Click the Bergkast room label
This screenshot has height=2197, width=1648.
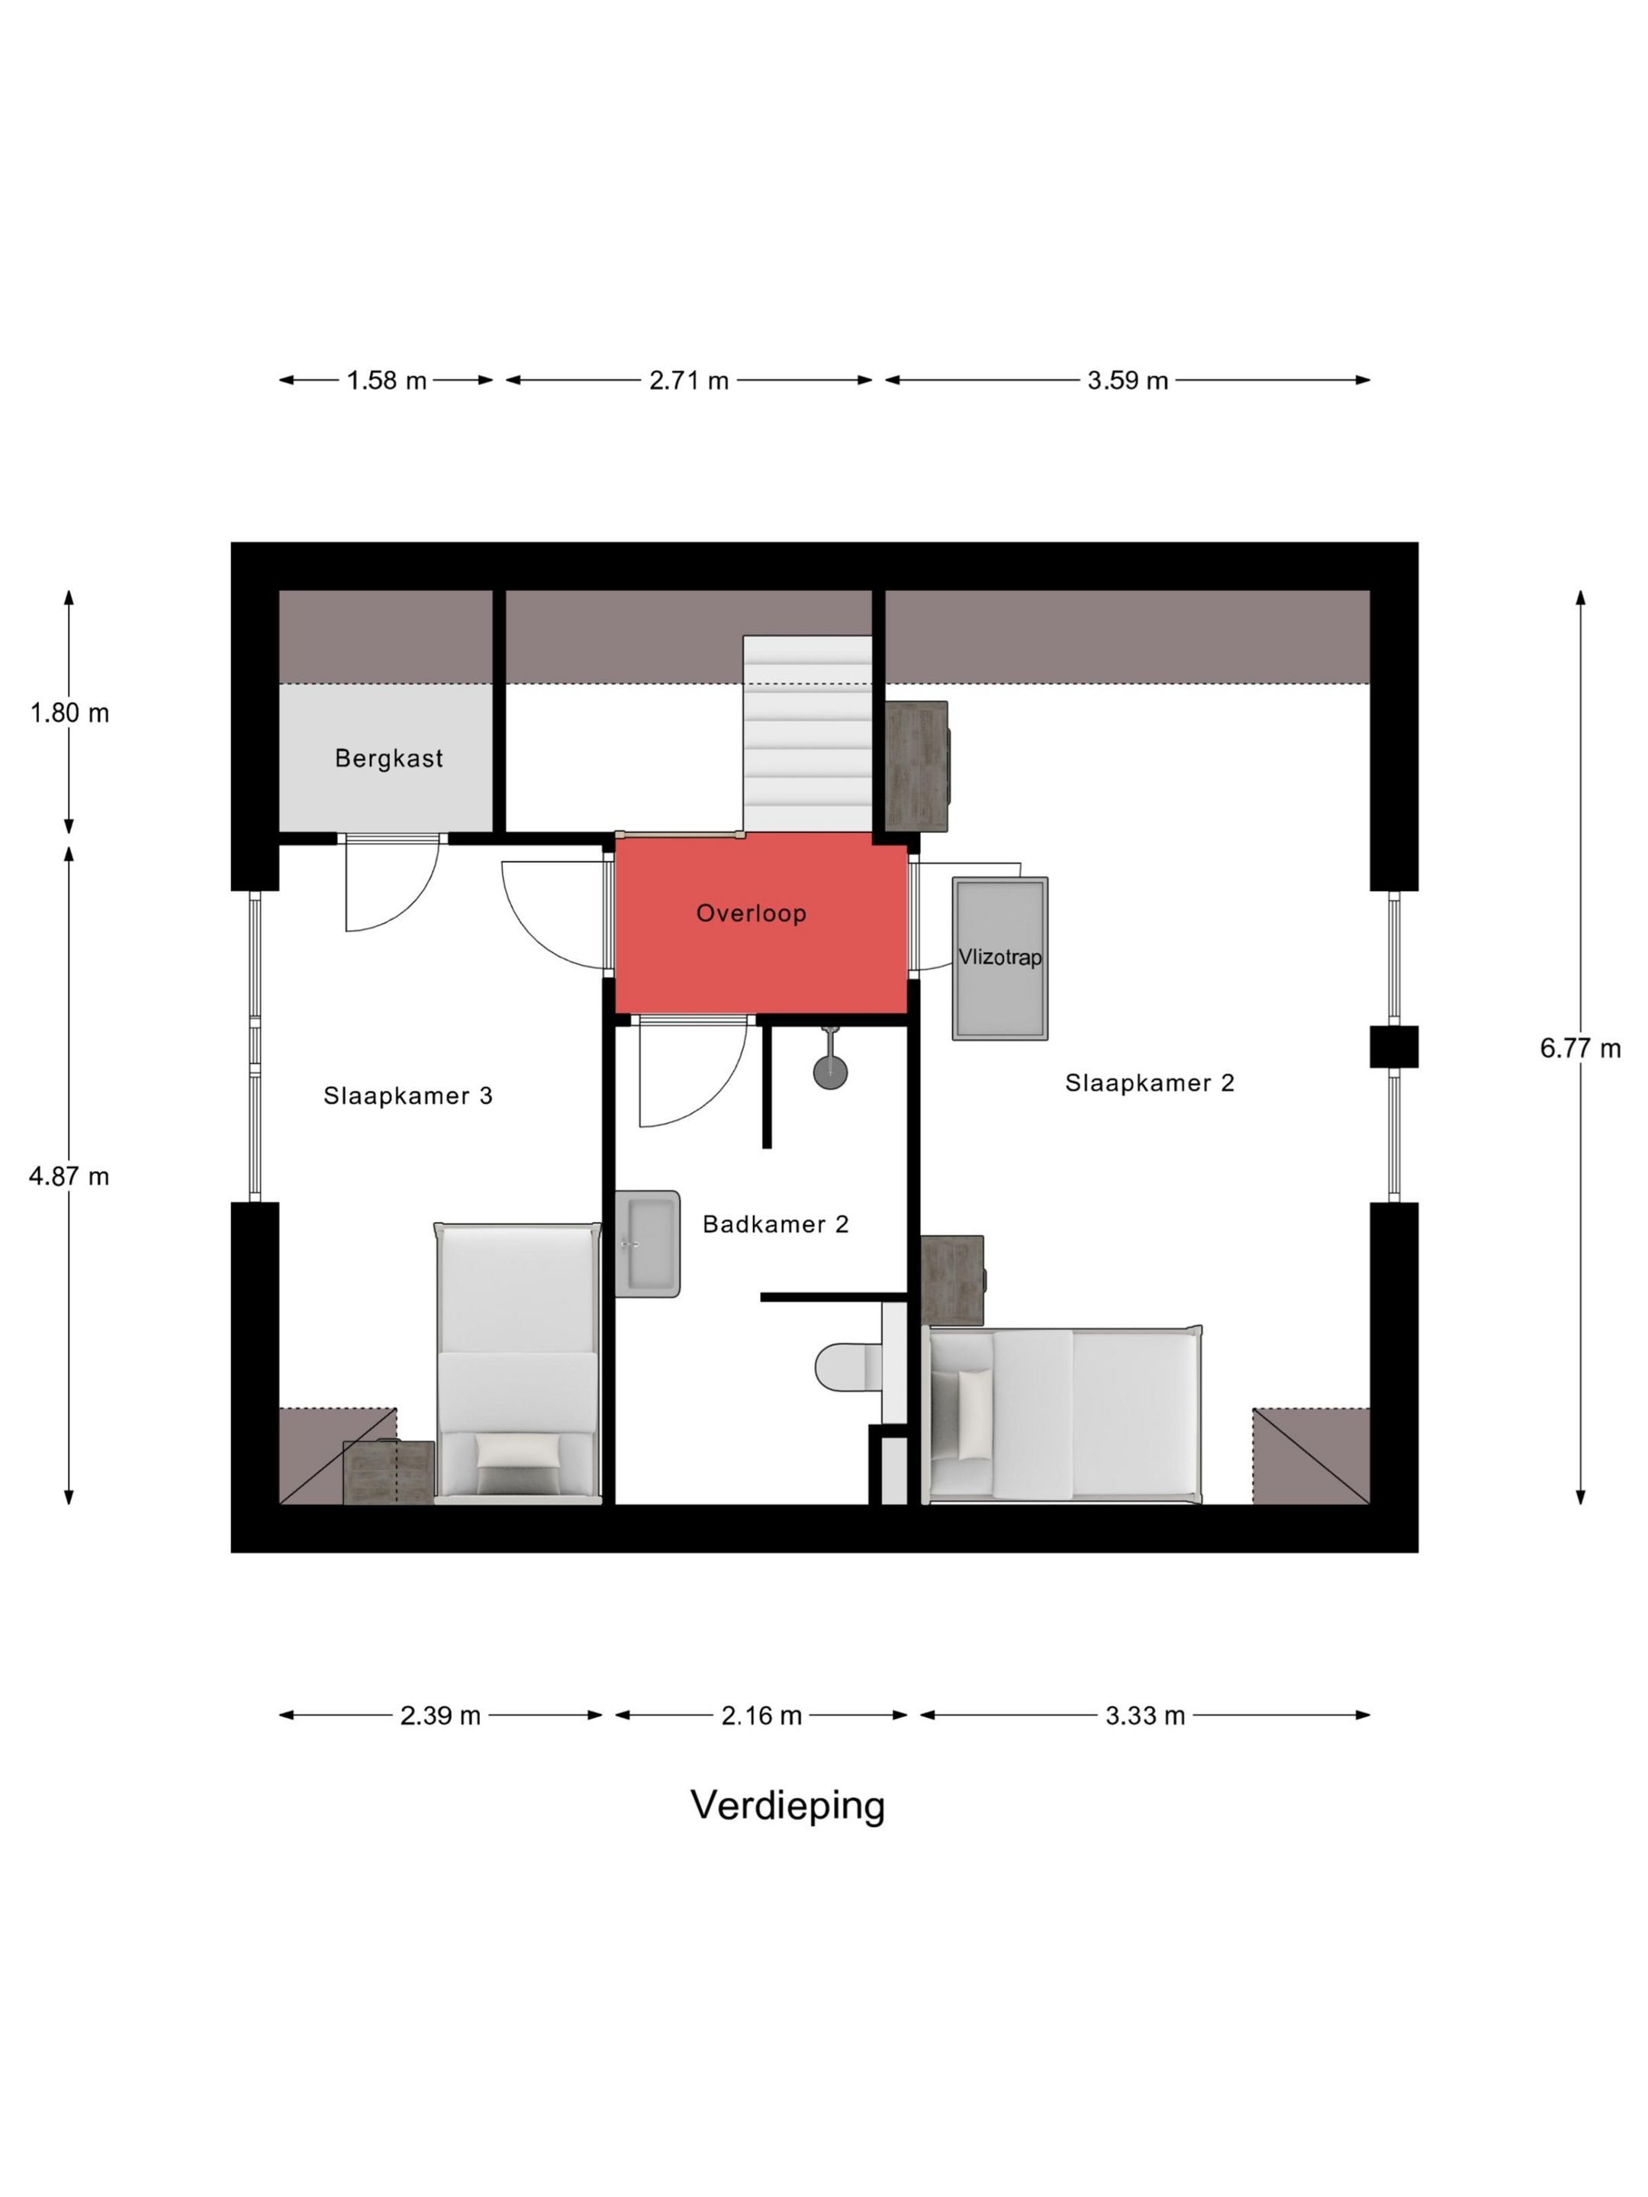click(388, 759)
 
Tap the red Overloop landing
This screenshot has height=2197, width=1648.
click(761, 923)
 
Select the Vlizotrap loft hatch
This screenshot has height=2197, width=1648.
click(999, 958)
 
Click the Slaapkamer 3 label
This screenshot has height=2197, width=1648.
click(407, 1095)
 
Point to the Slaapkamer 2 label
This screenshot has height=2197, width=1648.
click(1149, 1082)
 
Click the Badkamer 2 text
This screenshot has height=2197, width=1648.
click(776, 1224)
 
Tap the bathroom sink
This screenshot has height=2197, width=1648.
click(647, 1243)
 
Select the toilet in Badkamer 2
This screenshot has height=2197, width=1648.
click(848, 1368)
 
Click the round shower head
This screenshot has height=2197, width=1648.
click(830, 1072)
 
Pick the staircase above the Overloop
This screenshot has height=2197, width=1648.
click(808, 733)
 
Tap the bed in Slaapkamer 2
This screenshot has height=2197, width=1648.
click(1063, 1414)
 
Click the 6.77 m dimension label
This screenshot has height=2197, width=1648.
click(1580, 1048)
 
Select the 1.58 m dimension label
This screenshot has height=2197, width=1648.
click(386, 381)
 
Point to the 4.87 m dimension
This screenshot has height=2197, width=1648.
click(69, 1176)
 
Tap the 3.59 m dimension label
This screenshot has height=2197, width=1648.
click(1128, 381)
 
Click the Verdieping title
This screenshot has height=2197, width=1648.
click(787, 1806)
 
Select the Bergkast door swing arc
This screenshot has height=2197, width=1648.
click(418, 905)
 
